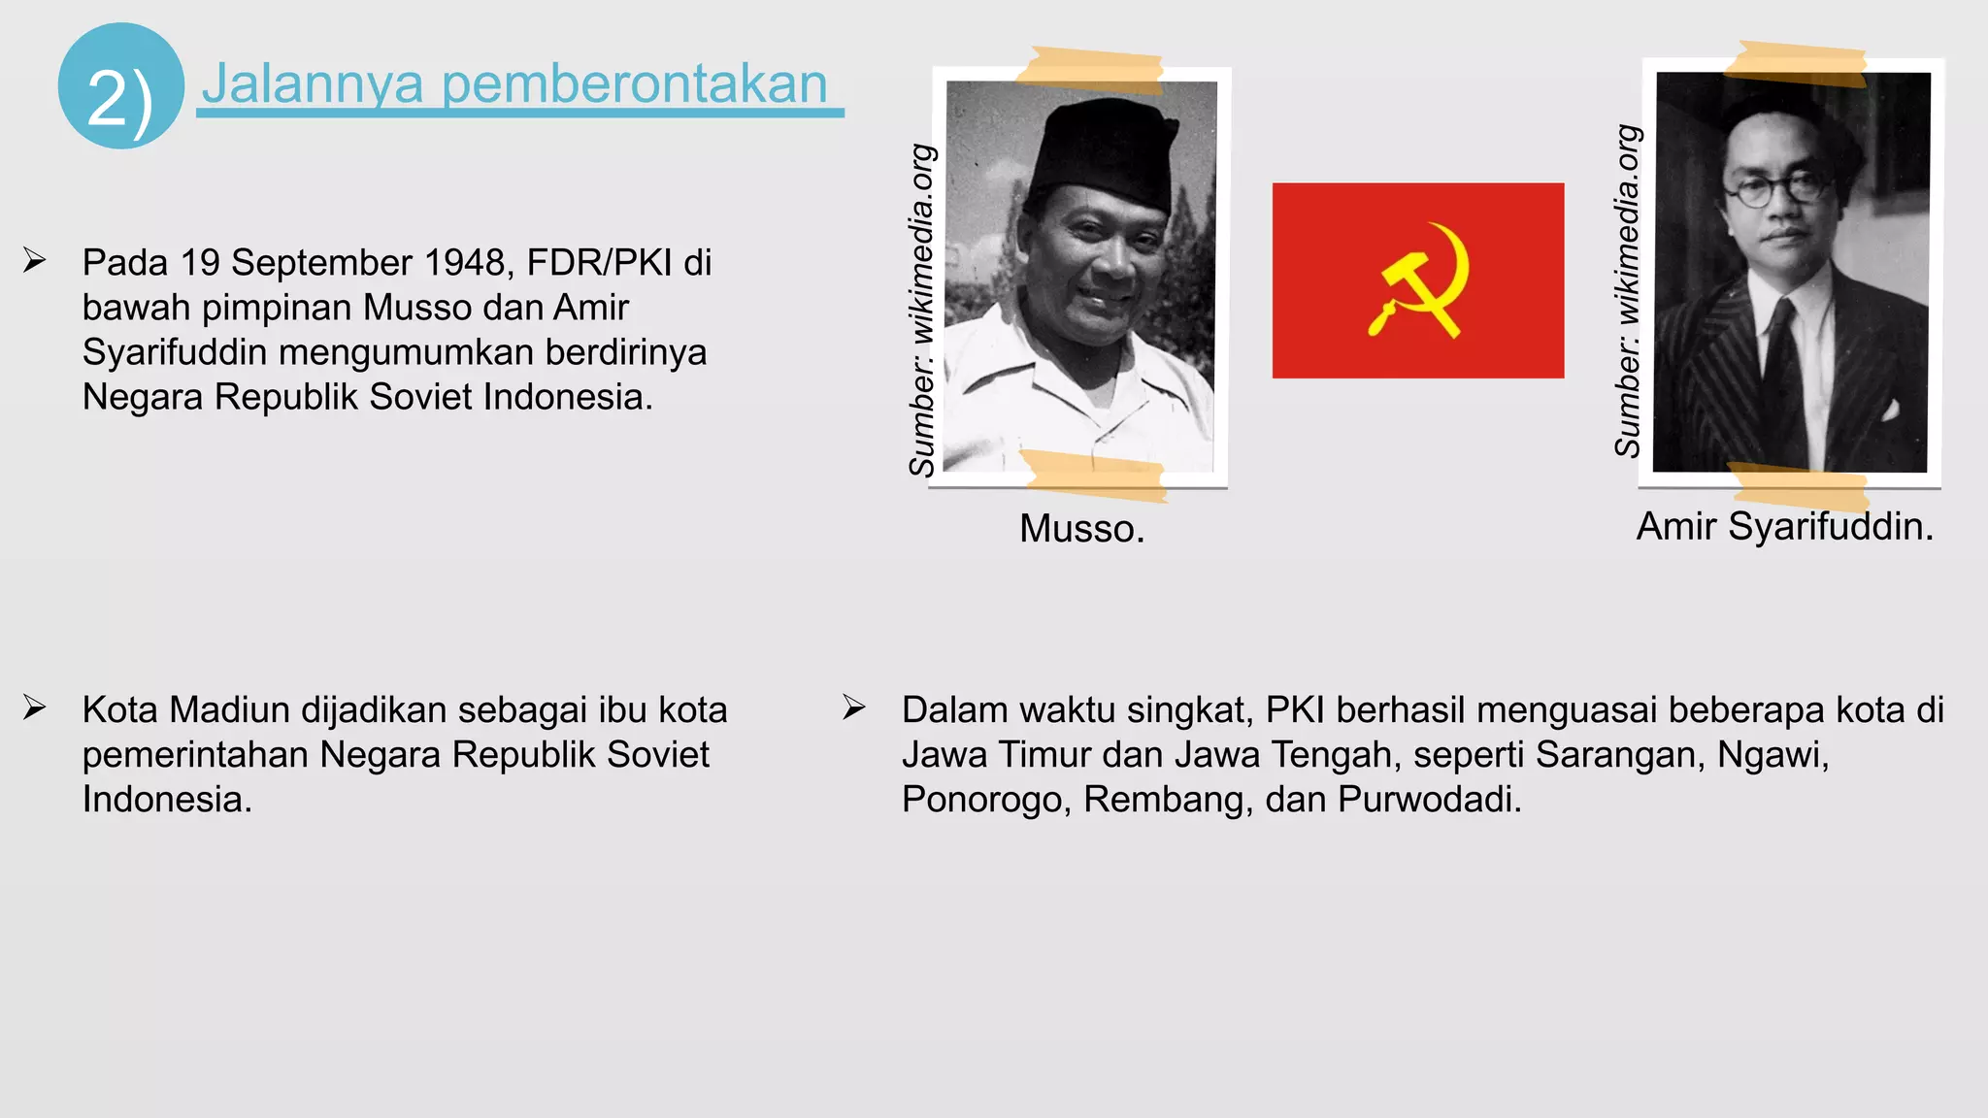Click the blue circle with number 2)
(x=120, y=85)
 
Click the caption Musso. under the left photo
(x=1081, y=529)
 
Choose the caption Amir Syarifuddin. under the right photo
(x=1784, y=526)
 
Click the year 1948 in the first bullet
(x=473, y=263)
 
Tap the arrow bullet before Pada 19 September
(x=35, y=260)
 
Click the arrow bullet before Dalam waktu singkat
(x=854, y=707)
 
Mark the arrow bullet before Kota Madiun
(x=35, y=707)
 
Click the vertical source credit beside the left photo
(x=921, y=311)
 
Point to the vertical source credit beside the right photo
(x=1628, y=291)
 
